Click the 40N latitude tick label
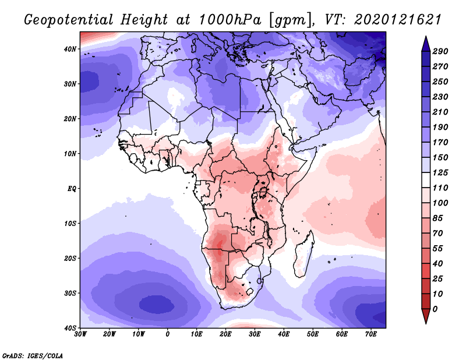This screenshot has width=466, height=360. point(70,49)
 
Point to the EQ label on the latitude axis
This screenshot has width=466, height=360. point(72,189)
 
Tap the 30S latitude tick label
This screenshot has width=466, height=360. point(70,293)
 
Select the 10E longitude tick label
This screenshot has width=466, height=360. point(196,334)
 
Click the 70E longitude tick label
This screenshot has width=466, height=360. point(371,334)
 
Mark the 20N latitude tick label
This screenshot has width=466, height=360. point(70,119)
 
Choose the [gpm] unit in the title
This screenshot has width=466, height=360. point(286,20)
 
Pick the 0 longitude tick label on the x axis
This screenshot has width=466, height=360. point(168,334)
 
